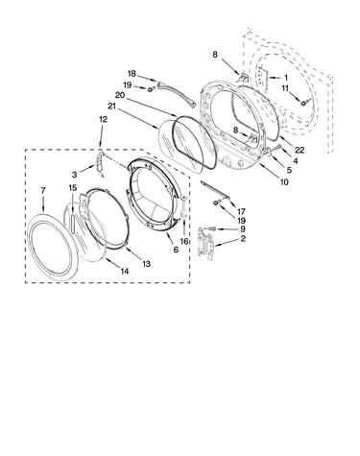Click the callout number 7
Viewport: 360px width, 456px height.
43,191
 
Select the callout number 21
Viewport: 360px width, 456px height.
111,106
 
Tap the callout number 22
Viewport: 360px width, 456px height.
300,150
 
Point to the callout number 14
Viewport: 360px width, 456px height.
125,271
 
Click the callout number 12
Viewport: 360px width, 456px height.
103,119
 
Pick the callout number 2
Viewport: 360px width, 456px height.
243,238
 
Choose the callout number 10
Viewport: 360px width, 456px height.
284,181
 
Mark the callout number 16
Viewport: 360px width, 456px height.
184,241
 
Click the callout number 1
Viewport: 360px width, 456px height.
286,78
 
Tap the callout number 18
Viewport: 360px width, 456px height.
132,74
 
